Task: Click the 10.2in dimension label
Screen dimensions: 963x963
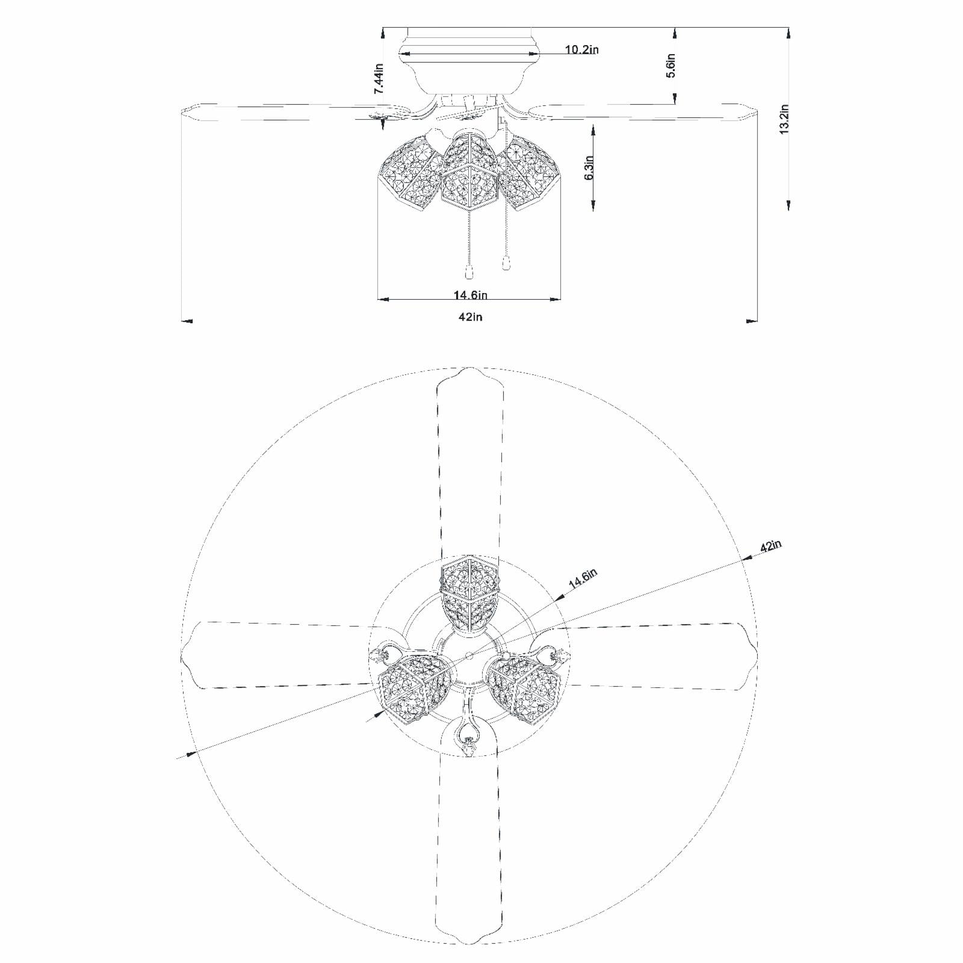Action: pyautogui.click(x=581, y=49)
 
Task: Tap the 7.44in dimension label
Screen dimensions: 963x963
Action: pyautogui.click(x=379, y=78)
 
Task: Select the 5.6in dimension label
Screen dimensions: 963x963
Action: pyautogui.click(x=671, y=66)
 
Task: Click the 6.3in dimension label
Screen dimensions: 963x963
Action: pyautogui.click(x=589, y=167)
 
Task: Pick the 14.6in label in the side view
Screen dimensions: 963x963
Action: pyautogui.click(x=471, y=295)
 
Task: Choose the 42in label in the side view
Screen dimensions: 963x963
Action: pyautogui.click(x=471, y=317)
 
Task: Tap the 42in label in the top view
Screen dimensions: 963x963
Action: pyautogui.click(x=770, y=547)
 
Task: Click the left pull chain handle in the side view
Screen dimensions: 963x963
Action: pyautogui.click(x=468, y=271)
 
